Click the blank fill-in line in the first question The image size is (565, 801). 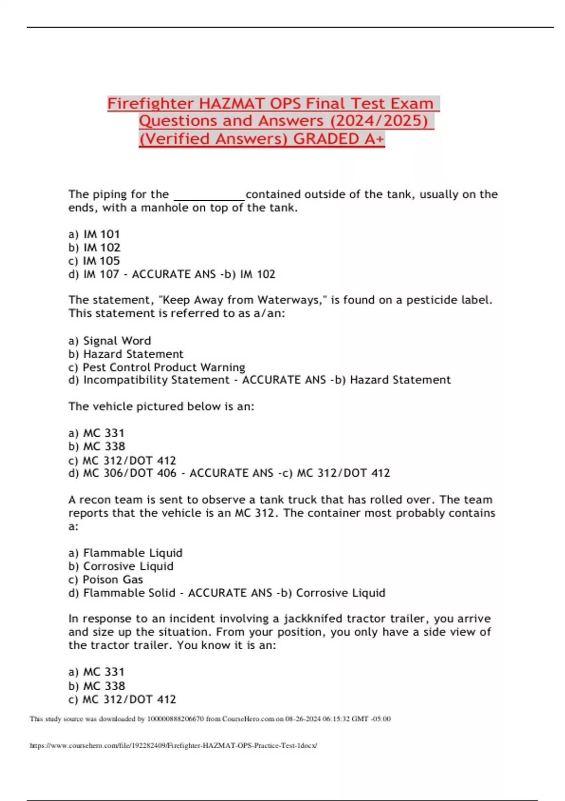point(209,195)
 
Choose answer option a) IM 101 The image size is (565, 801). point(94,234)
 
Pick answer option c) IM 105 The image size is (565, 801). point(94,261)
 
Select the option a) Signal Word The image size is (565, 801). point(110,341)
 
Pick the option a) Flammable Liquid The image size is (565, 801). point(125,553)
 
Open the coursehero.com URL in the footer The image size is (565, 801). point(173,746)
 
